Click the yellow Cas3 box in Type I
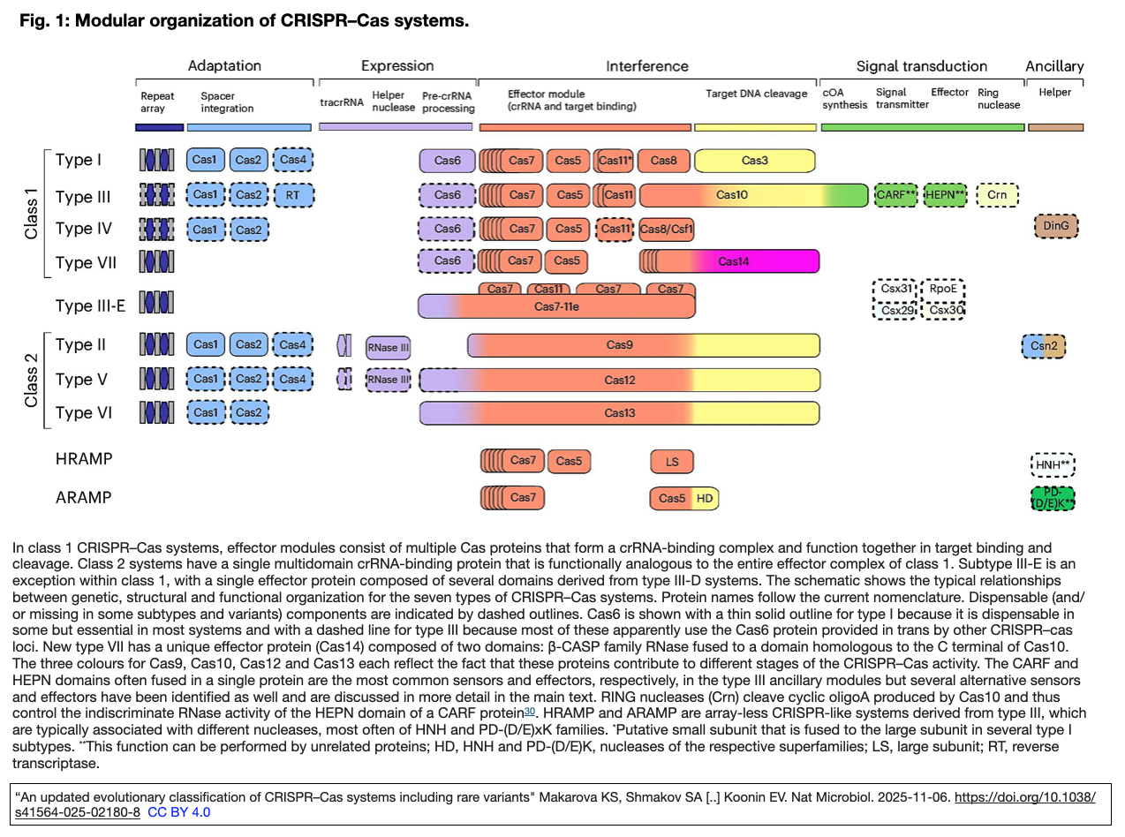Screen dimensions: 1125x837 coord(754,161)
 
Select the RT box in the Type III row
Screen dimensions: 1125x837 coord(294,195)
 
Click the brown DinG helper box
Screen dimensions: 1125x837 coord(1056,226)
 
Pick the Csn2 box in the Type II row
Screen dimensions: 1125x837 coord(1044,346)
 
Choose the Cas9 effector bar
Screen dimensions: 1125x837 coord(643,345)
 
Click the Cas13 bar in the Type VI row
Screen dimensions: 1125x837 coord(619,413)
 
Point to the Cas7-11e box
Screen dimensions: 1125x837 coord(556,306)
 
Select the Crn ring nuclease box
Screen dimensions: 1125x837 coord(997,195)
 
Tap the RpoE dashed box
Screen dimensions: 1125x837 coord(943,289)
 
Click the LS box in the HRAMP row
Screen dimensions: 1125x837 coord(671,462)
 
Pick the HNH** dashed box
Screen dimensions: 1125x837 coord(1053,464)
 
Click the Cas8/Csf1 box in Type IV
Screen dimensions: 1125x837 coord(666,230)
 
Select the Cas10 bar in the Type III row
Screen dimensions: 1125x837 coord(754,195)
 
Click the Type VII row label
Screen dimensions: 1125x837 coord(86,263)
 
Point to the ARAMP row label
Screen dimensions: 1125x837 coord(83,498)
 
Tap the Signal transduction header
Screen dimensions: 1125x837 coord(922,66)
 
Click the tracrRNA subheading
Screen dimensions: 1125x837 coord(342,102)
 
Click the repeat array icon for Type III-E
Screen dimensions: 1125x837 coord(156,302)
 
